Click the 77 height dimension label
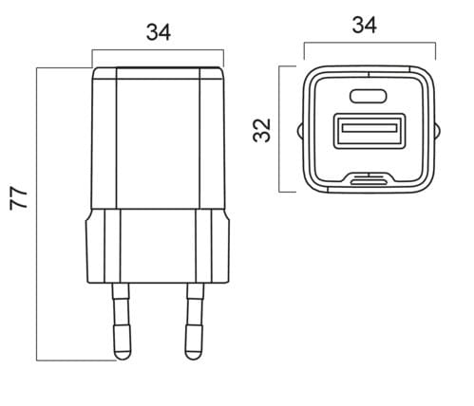(17, 198)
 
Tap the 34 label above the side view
(159, 32)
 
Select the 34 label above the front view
(364, 26)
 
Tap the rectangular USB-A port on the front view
(366, 130)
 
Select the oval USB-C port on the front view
(366, 95)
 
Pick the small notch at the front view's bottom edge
(366, 176)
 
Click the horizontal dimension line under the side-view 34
(159, 49)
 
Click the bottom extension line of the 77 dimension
(76, 360)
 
